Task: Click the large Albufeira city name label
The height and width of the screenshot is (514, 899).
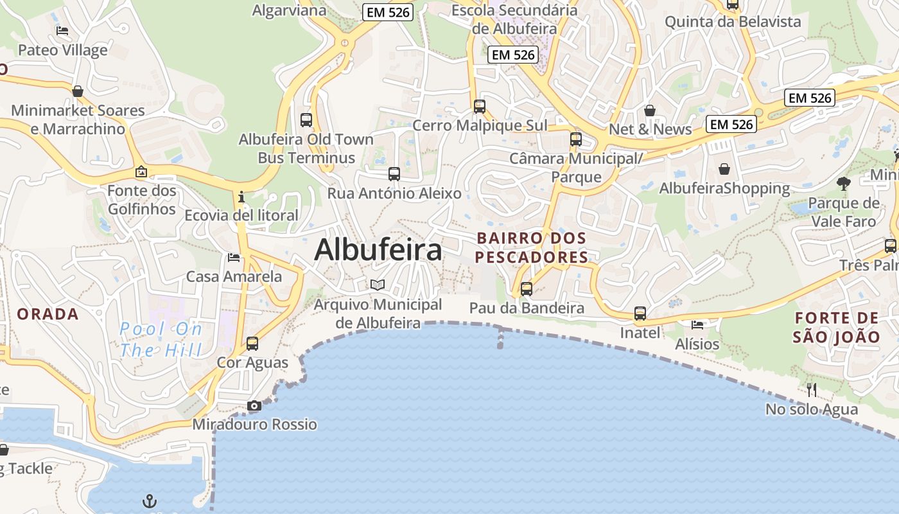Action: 378,250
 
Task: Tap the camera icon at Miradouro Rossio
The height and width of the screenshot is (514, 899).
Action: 254,406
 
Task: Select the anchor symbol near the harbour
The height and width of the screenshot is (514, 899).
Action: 149,501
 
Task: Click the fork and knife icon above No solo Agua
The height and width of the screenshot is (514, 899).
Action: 812,389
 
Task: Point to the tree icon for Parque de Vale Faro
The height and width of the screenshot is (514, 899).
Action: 844,184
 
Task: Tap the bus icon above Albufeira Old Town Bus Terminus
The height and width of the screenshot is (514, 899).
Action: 306,120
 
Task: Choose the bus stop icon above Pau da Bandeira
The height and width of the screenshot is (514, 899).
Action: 527,288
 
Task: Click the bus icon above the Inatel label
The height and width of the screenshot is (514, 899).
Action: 640,314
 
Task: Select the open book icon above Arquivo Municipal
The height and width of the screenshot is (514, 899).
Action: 378,285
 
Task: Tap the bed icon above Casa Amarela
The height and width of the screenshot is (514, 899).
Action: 234,258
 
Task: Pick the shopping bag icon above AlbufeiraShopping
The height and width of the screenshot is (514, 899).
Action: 724,169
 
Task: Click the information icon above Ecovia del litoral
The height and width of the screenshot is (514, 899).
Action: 241,196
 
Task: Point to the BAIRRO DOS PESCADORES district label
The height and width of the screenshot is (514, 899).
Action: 532,248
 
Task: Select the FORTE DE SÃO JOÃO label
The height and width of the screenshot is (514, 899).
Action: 836,327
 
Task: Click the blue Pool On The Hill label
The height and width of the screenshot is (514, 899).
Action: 161,340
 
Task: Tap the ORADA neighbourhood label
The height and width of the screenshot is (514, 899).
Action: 48,314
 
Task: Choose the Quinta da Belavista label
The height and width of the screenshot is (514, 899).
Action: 733,22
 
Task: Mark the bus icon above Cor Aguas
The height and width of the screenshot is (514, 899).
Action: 252,343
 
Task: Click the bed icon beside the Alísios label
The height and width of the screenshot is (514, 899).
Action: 697,324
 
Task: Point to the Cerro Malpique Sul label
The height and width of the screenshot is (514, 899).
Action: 480,125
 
